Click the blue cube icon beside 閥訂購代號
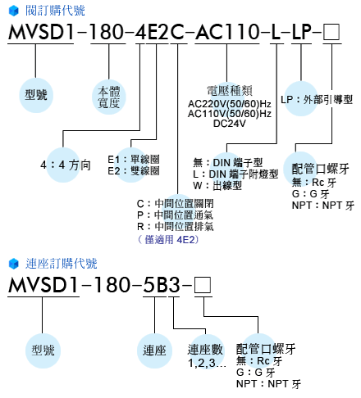(14, 11)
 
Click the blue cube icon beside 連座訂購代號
(14, 264)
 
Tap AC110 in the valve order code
(227, 32)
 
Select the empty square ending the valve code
(331, 32)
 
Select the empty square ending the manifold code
(203, 285)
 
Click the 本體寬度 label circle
(109, 97)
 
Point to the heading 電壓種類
(230, 91)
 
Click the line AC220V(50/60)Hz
(230, 104)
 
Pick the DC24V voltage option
(230, 124)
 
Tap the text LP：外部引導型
(317, 100)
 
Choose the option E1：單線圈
(134, 159)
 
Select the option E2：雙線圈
(134, 171)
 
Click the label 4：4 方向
(66, 165)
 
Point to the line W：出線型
(217, 186)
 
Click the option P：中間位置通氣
(175, 215)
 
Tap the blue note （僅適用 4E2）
(168, 240)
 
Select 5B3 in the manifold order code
(162, 285)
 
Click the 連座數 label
(205, 350)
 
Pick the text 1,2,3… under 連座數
(207, 364)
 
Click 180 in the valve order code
(107, 32)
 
